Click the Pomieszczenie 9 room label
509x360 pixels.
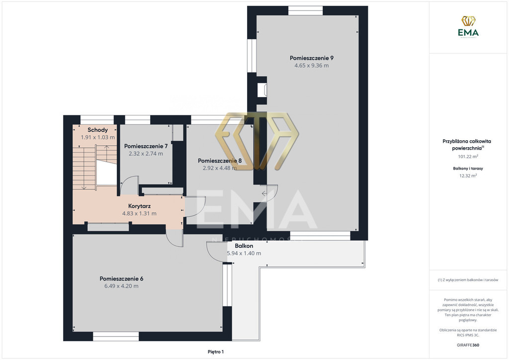[311, 58]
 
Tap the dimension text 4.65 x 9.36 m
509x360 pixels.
[311, 66]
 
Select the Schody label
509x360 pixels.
[97, 130]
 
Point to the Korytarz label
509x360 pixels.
[139, 206]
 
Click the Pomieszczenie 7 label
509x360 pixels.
[146, 146]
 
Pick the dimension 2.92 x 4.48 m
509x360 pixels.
[220, 168]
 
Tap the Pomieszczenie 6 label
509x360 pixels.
[121, 279]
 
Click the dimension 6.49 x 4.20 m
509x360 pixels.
[121, 286]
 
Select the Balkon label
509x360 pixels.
[244, 246]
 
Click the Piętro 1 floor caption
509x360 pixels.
[216, 352]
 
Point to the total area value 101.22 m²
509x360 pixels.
[468, 157]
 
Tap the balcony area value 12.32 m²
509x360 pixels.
[468, 176]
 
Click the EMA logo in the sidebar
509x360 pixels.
[468, 26]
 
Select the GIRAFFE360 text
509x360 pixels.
[468, 345]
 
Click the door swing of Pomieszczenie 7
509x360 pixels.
[129, 185]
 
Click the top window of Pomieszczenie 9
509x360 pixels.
[306, 11]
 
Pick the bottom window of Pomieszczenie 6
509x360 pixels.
[116, 336]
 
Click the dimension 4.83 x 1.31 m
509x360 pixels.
[139, 214]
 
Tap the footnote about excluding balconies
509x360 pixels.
[468, 280]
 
